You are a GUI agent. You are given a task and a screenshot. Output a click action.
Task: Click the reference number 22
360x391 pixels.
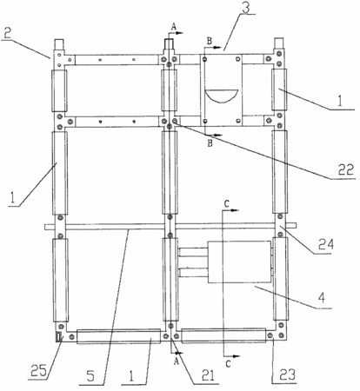[346, 169]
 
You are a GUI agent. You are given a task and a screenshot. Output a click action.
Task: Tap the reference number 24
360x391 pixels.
[326, 244]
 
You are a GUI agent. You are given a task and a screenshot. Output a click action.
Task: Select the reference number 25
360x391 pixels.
[38, 371]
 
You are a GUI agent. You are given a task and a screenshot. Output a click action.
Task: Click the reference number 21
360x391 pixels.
[208, 375]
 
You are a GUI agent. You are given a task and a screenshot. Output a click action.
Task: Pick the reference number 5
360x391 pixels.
[90, 376]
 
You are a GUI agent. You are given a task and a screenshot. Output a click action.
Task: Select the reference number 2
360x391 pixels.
[8, 34]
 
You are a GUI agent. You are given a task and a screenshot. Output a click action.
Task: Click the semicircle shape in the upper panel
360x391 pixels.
[222, 96]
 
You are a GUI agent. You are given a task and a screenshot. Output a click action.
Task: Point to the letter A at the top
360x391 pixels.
[173, 27]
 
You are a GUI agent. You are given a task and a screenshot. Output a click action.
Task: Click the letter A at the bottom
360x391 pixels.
[177, 361]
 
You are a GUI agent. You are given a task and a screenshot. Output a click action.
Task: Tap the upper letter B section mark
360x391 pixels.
[209, 42]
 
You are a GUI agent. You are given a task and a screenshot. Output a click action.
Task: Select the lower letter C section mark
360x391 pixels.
[229, 364]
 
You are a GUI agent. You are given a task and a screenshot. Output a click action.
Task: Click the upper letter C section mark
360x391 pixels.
[227, 203]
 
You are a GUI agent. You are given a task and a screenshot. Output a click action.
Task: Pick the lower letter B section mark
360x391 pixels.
[210, 143]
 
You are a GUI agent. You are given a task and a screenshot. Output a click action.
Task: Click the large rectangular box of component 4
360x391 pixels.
[239, 262]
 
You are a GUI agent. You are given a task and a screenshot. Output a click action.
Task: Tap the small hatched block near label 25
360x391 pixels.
[59, 337]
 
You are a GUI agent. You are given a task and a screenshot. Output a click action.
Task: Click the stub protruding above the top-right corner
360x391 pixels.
[279, 43]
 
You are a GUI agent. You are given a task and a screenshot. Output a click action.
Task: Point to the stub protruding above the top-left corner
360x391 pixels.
[59, 44]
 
